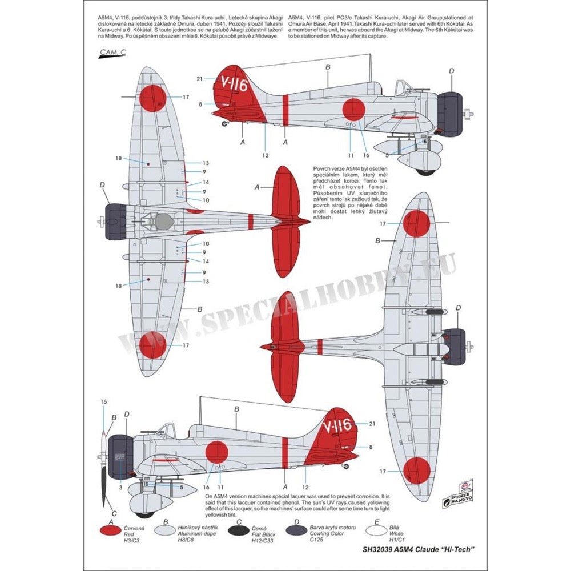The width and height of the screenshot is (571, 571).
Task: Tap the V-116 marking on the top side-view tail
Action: [234, 86]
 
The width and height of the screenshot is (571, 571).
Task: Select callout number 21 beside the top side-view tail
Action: [199, 79]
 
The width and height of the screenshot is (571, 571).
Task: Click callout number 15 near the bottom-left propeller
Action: [103, 401]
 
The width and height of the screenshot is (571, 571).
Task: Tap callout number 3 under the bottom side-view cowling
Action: [121, 487]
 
